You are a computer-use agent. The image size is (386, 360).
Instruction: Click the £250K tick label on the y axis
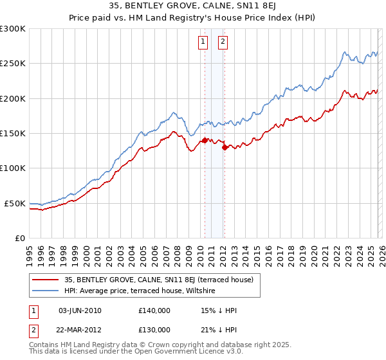pos(13,64)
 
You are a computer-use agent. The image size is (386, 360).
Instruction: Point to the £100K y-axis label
pos(13,168)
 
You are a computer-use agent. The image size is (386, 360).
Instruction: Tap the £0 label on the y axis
pos(20,238)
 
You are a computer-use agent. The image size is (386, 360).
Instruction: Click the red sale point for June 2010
pos(205,140)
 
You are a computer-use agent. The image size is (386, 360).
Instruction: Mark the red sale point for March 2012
pos(225,147)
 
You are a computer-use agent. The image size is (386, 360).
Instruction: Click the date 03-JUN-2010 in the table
pos(80,310)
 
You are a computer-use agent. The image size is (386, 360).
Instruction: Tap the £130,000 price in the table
pos(154,329)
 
